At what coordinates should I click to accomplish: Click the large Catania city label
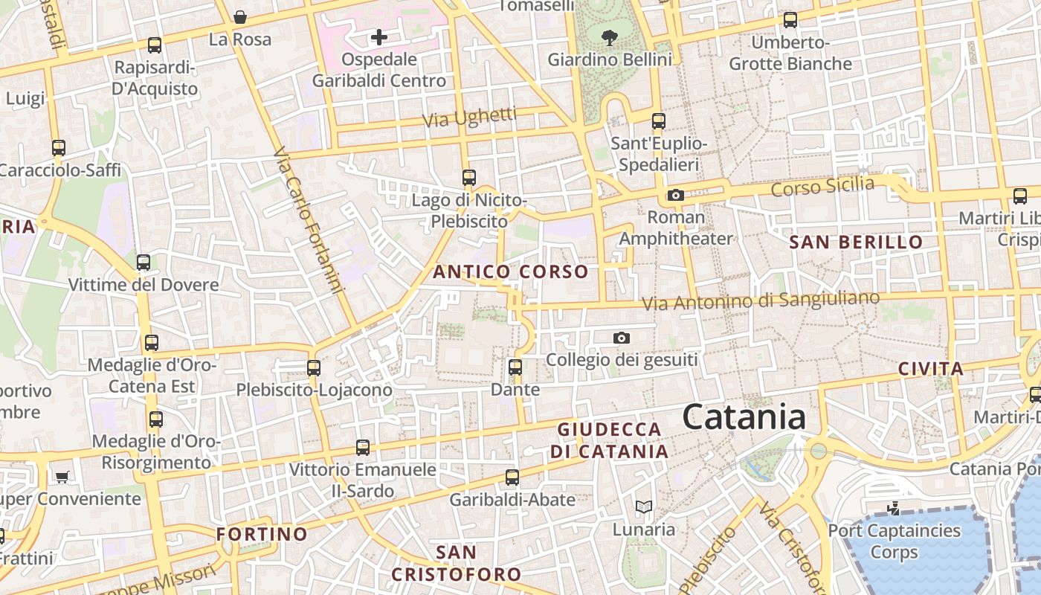point(744,417)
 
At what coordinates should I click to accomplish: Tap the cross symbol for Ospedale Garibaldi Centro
point(379,36)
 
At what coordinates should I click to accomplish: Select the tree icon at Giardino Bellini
point(610,37)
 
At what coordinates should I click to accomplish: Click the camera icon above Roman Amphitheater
point(675,195)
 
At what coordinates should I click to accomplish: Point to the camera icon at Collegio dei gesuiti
point(622,338)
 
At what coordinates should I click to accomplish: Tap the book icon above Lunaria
point(644,507)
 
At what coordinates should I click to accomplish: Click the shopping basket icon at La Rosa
point(240,16)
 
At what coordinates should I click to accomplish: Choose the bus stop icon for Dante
point(515,367)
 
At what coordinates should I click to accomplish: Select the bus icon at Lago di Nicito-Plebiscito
point(468,178)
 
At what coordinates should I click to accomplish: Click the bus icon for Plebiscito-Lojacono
point(314,367)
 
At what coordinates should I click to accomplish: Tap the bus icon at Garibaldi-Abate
point(512,477)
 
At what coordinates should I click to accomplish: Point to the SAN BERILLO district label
point(856,242)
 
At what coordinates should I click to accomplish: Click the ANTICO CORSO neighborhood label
point(510,271)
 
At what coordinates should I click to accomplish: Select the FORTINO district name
point(262,534)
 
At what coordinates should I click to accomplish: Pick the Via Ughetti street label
point(469,117)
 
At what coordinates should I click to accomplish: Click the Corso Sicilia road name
point(822,186)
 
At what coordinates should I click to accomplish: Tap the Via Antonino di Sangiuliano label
point(761,300)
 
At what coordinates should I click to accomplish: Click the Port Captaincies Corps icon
point(894,509)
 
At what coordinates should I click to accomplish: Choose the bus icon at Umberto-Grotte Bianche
point(790,20)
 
